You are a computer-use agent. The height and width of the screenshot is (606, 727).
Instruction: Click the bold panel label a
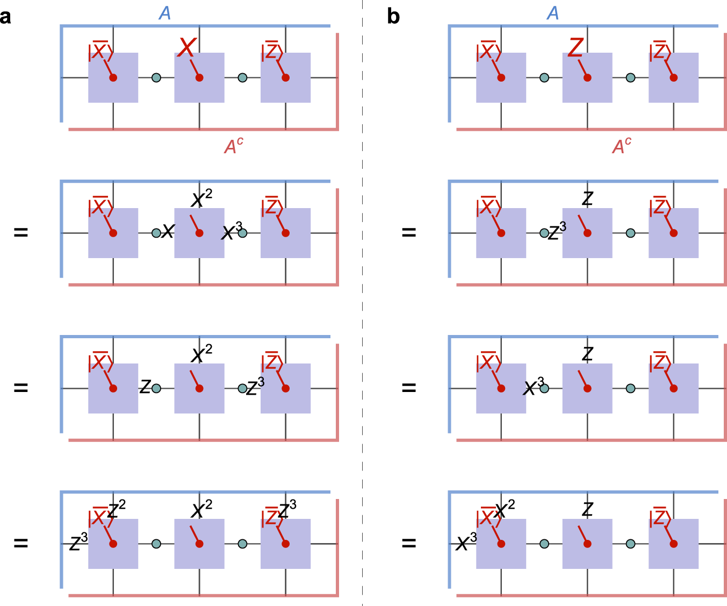point(6,17)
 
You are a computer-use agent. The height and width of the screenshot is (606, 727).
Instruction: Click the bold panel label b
point(393,17)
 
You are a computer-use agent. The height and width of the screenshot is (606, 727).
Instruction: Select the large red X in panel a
point(187,47)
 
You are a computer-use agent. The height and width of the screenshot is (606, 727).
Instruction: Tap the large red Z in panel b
point(575,47)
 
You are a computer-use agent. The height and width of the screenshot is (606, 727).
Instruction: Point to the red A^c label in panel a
point(234,146)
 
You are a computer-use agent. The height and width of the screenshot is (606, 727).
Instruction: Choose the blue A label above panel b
point(553,13)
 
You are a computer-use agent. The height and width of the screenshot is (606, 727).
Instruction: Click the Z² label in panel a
point(117,509)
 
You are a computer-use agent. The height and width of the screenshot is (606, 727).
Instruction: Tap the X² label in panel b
point(504,509)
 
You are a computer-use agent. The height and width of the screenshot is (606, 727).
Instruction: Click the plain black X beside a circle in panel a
point(168,231)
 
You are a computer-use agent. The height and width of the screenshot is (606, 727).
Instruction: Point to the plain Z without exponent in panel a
point(145,386)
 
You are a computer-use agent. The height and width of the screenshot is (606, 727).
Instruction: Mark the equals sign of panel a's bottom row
point(20,543)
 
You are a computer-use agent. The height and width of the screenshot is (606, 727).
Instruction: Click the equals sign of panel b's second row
point(409,232)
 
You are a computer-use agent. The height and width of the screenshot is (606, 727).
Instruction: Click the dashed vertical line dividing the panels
point(363,301)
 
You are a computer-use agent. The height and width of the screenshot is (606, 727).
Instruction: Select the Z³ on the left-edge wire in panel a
point(78,542)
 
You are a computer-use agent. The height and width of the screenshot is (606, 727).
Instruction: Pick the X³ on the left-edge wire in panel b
point(466,542)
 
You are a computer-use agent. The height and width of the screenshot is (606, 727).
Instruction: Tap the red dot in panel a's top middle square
point(199,77)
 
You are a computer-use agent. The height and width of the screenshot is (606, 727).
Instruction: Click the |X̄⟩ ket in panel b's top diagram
point(488,52)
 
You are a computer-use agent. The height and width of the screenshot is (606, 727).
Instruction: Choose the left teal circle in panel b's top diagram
point(544,77)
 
